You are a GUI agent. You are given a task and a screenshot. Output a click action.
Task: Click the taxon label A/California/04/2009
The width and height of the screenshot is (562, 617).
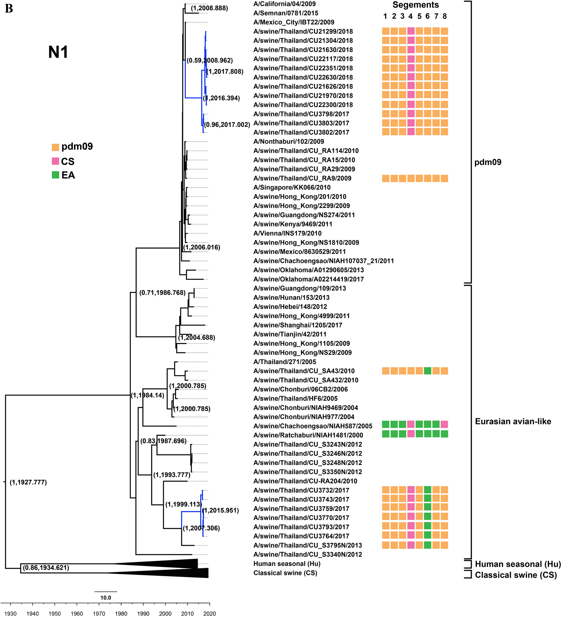tap(284, 4)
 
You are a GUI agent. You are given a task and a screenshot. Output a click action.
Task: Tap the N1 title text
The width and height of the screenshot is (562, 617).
tap(58, 52)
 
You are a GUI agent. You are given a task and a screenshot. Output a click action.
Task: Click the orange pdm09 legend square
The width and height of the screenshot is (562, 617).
tap(56, 147)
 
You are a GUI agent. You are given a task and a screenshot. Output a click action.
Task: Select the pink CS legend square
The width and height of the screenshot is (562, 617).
tap(56, 161)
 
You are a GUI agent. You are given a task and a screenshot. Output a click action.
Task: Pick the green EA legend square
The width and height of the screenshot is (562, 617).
tap(56, 175)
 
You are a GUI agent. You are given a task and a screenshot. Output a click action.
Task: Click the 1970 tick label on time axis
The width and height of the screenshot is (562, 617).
tap(99, 613)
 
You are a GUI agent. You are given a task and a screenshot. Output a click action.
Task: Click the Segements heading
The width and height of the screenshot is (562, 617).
tap(415, 5)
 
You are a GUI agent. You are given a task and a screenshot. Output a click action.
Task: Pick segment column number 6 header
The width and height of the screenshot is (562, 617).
tap(427, 16)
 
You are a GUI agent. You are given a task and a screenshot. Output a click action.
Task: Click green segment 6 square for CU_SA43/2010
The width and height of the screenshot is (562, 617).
tap(428, 371)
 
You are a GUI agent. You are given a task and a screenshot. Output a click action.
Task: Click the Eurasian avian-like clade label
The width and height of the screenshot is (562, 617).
tap(513, 422)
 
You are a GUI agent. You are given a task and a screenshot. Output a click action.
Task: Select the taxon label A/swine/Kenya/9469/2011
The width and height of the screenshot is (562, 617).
tap(293, 224)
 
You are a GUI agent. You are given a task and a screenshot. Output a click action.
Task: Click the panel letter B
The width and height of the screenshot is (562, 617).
tap(9, 8)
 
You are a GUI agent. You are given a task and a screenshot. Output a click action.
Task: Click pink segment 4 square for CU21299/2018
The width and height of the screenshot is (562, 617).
tap(411, 31)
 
